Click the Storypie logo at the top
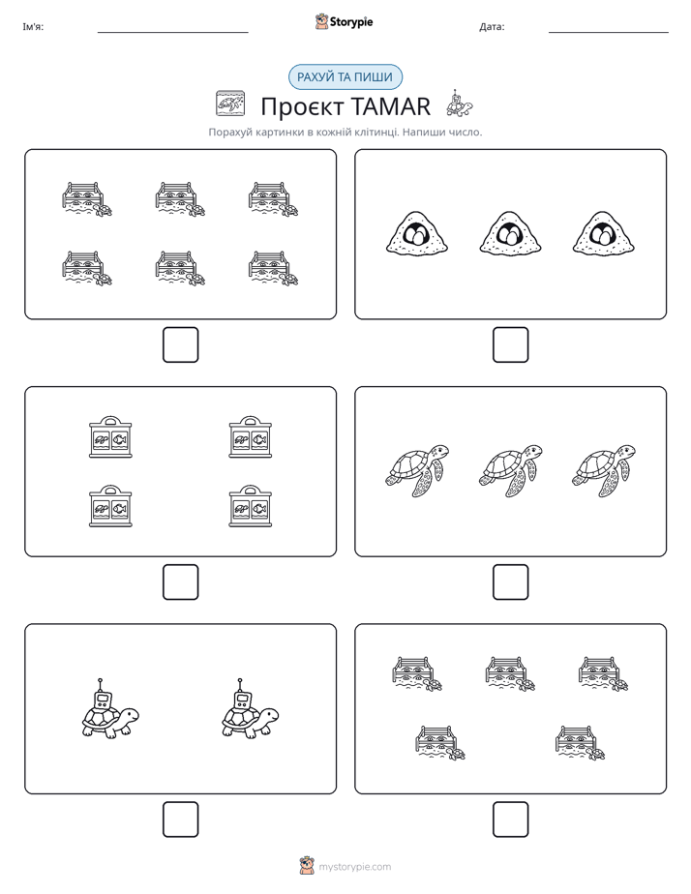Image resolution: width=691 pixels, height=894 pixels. [344, 21]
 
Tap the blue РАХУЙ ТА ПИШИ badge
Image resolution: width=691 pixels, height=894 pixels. [345, 77]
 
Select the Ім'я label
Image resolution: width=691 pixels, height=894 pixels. [33, 27]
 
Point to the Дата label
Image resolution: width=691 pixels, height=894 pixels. [492, 27]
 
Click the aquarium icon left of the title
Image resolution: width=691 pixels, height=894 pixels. [230, 104]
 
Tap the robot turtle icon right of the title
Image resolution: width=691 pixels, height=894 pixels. [460, 104]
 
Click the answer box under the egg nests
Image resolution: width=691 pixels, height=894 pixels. [510, 345]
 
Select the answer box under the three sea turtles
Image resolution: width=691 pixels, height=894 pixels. [510, 582]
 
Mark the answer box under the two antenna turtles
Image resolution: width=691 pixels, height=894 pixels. [180, 819]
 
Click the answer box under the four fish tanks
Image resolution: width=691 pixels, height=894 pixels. [180, 582]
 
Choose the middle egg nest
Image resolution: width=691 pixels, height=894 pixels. [510, 232]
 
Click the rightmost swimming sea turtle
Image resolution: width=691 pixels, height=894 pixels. [604, 470]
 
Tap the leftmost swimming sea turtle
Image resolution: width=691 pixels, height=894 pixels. [417, 470]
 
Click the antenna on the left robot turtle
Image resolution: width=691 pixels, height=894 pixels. [101, 685]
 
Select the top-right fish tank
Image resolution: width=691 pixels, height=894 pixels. [251, 436]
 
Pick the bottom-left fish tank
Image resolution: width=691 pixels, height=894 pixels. [110, 506]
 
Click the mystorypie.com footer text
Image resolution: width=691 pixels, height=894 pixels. [354, 867]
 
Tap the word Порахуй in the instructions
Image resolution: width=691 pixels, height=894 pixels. [229, 133]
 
